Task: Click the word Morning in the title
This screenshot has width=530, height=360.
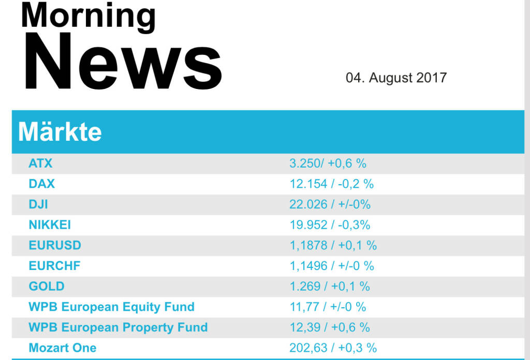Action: (x=88, y=16)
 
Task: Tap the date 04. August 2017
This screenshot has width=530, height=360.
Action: (x=396, y=78)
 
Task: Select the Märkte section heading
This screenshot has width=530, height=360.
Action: (x=60, y=132)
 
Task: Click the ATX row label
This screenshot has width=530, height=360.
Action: (x=40, y=163)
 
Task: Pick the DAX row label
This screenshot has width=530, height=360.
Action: (x=41, y=184)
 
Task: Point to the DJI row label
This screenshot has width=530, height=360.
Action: (x=38, y=204)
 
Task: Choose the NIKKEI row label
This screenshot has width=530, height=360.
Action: (x=50, y=225)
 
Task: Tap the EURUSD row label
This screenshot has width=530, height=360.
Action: (x=55, y=245)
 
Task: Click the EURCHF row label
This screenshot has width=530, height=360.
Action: (x=54, y=266)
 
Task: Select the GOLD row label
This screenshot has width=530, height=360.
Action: (x=47, y=286)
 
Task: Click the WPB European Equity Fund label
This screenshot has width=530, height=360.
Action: (x=111, y=307)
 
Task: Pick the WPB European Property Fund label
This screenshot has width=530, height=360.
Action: (x=118, y=327)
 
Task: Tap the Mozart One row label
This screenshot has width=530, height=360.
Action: (x=62, y=348)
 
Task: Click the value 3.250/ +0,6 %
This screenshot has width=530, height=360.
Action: (x=328, y=163)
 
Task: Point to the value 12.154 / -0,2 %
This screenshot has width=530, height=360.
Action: (x=331, y=184)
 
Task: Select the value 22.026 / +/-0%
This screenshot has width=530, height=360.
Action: (x=330, y=204)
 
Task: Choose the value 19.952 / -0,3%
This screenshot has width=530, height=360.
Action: (x=330, y=225)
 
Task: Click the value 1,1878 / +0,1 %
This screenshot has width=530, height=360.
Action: (x=333, y=245)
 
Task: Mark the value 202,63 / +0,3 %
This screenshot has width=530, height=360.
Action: (x=333, y=348)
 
